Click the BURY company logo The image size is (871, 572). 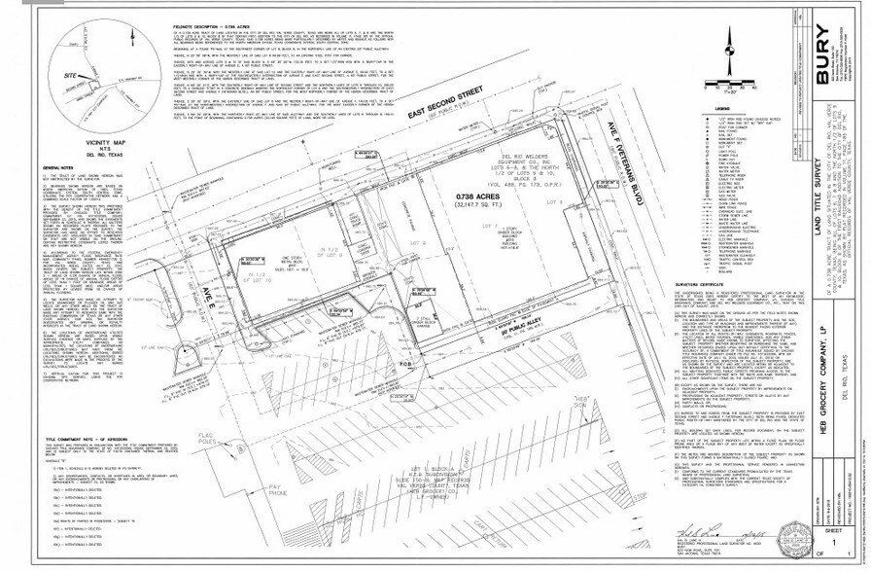pos(822,50)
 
